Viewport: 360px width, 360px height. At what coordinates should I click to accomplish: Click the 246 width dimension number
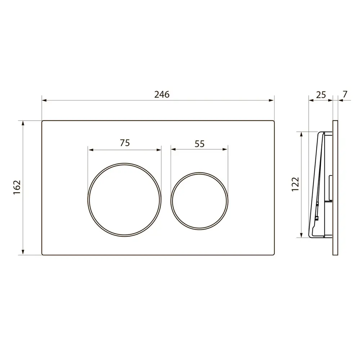[162, 94]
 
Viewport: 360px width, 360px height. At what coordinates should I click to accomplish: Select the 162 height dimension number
[17, 187]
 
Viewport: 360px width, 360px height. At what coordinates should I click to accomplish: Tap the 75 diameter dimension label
[125, 143]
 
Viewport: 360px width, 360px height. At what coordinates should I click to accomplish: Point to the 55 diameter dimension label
[199, 144]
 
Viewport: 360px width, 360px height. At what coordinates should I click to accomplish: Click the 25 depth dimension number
[321, 95]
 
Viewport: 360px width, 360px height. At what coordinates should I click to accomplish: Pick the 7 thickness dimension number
[345, 94]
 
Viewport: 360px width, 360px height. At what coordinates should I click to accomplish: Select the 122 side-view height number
[296, 184]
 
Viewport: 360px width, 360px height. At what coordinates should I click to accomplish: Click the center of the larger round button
[125, 200]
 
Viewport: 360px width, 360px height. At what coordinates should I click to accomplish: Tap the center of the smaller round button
[199, 201]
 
